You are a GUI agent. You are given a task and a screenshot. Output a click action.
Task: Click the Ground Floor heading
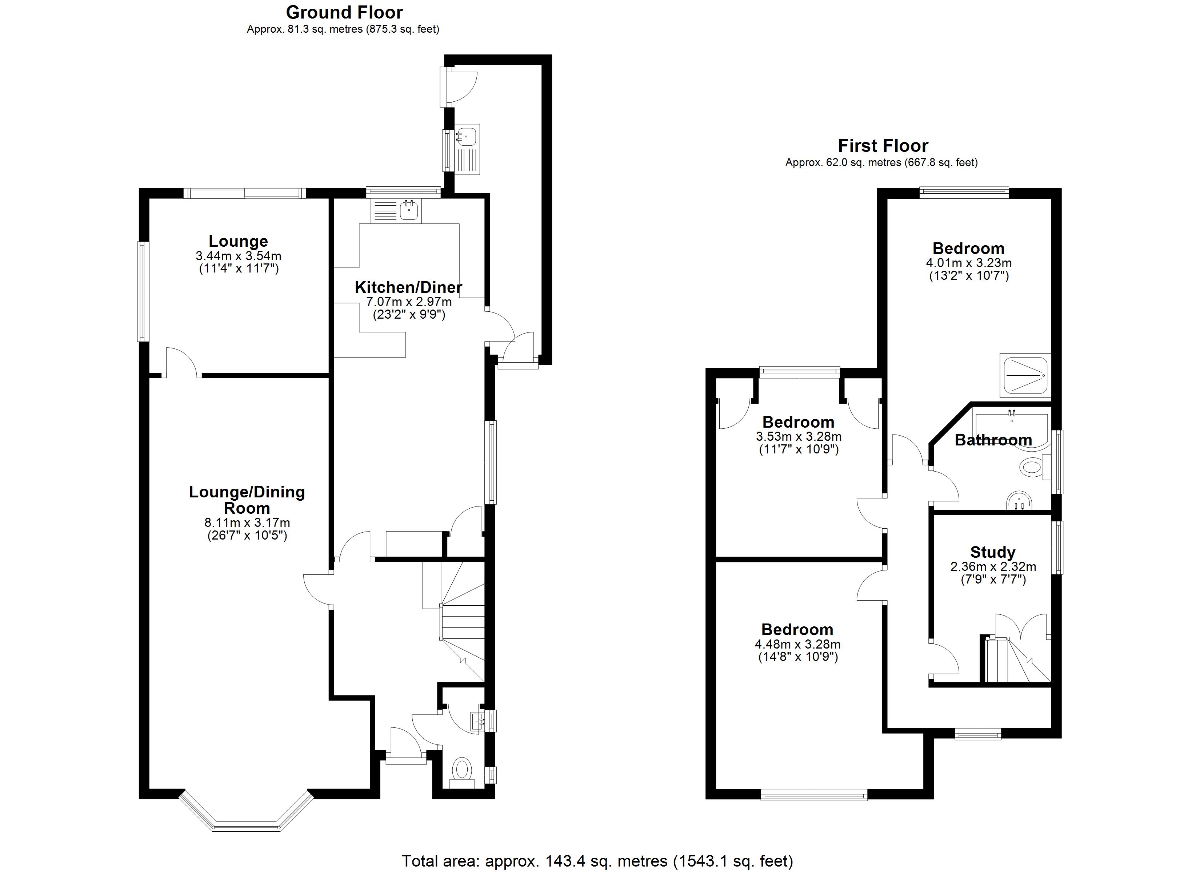coord(344,12)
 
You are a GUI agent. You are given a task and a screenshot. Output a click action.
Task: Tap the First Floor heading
coord(883,145)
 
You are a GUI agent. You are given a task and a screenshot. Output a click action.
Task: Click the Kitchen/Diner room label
coord(408,287)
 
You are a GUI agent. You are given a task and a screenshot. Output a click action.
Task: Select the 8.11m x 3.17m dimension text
coord(247,523)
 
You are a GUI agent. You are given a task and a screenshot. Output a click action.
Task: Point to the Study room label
coord(993,552)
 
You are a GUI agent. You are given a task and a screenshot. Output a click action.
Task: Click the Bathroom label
coord(993,440)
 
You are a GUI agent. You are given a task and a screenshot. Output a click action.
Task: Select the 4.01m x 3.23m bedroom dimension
coord(969,263)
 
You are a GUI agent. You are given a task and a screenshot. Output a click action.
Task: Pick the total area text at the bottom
coord(597,861)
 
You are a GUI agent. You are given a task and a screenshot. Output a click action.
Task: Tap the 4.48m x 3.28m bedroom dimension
coord(797,645)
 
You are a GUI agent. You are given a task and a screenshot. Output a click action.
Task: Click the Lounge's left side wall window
coord(142,291)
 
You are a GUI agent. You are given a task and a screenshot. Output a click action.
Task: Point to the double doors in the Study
coord(1021,627)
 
